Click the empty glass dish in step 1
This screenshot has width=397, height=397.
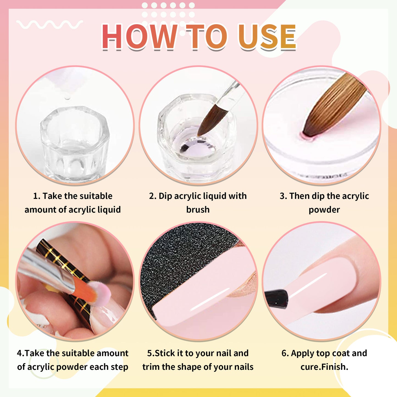[x=75, y=143]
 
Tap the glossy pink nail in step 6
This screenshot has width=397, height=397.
[x=330, y=280]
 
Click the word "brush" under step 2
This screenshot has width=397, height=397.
[x=198, y=210]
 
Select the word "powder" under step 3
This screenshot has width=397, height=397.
[x=324, y=210]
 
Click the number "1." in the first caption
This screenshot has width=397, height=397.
[x=37, y=196]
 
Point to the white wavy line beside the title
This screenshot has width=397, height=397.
[x=49, y=25]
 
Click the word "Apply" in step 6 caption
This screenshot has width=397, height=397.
[x=302, y=353]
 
